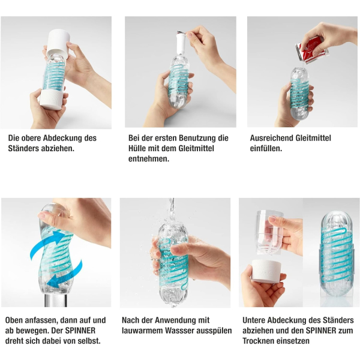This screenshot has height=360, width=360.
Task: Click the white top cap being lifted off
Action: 58,43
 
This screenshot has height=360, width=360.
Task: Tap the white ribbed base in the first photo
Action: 51,99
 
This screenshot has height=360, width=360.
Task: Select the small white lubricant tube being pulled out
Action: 181,44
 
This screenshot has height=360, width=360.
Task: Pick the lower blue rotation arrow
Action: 65,275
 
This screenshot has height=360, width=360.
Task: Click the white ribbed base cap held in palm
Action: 266,271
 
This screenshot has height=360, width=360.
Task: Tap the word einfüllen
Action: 266,149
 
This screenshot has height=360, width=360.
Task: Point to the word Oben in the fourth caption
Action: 14,320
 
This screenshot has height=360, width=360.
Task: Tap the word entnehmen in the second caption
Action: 149,159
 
